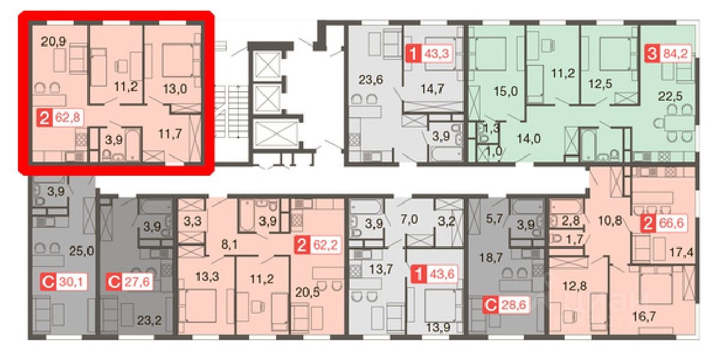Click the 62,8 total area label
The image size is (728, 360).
[x=68, y=117]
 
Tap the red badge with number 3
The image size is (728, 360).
[x=652, y=53]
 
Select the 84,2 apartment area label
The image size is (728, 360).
[x=676, y=53]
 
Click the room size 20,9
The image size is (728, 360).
[x=53, y=41]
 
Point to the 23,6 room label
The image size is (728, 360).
[x=371, y=80]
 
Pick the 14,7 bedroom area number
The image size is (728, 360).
[x=432, y=89]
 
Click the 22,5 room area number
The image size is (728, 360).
[x=670, y=96]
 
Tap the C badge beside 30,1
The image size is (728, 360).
[x=48, y=281]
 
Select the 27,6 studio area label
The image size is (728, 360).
[x=137, y=281]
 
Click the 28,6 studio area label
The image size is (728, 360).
[x=514, y=305]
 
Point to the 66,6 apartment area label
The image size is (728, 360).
[x=671, y=224]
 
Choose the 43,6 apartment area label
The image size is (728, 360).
[x=442, y=274]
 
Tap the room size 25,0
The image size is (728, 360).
[x=81, y=251]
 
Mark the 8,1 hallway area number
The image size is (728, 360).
[x=229, y=244]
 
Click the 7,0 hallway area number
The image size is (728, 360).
[x=409, y=220]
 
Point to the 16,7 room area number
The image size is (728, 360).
[x=644, y=316]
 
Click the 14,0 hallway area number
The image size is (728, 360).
[x=529, y=139]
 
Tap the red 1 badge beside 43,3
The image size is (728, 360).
[x=413, y=53]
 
